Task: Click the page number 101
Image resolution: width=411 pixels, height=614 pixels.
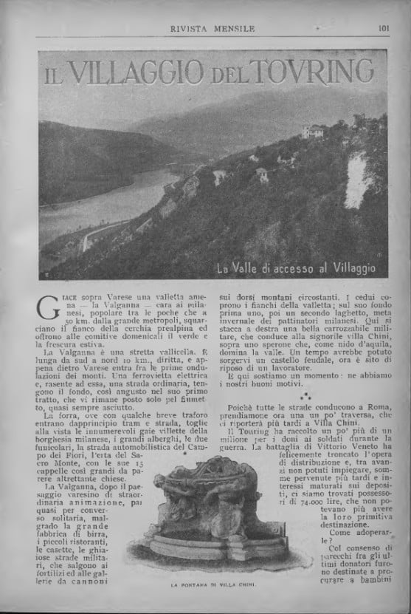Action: (383, 30)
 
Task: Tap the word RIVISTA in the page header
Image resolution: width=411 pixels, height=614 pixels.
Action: (190, 30)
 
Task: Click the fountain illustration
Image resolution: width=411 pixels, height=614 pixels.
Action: (209, 517)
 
